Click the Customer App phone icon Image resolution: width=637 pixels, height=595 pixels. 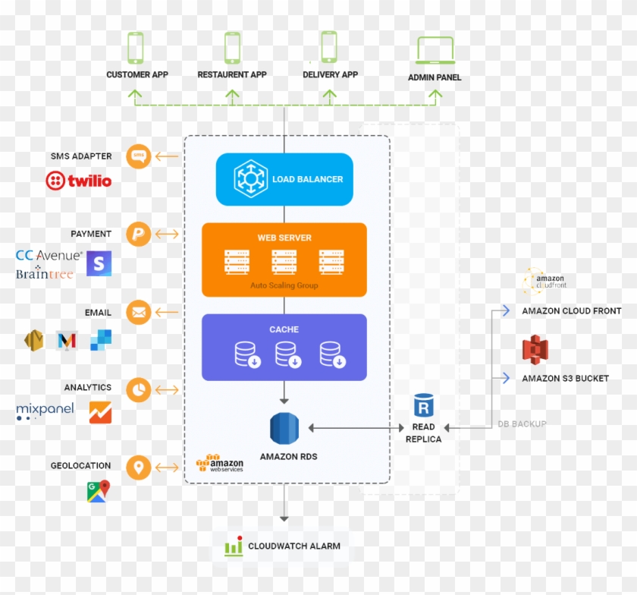pyautogui.click(x=136, y=48)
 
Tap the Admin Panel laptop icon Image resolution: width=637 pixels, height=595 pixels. pyautogui.click(x=435, y=50)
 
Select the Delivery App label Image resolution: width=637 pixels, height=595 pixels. pyautogui.click(x=330, y=75)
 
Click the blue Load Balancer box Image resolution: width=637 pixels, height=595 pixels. pyautogui.click(x=284, y=179)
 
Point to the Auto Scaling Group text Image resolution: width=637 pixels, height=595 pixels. pyautogui.click(x=284, y=285)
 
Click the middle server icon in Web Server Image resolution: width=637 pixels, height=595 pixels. pyautogui.click(x=284, y=263)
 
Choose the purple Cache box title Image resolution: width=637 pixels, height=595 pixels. pyautogui.click(x=284, y=329)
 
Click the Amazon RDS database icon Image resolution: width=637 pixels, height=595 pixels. pyautogui.click(x=285, y=429)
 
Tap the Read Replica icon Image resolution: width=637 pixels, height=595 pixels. pyautogui.click(x=423, y=405)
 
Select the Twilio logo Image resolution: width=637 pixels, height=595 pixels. pyautogui.click(x=78, y=181)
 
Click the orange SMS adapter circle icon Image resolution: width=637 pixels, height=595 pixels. pyautogui.click(x=139, y=156)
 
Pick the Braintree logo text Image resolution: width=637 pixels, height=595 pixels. pyautogui.click(x=45, y=274)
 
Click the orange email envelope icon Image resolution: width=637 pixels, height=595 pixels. pyautogui.click(x=139, y=312)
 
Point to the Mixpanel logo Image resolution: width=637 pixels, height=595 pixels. pyautogui.click(x=45, y=411)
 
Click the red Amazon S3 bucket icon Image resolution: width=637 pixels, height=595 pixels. pyautogui.click(x=535, y=349)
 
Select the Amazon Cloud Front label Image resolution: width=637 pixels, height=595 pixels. pyautogui.click(x=571, y=311)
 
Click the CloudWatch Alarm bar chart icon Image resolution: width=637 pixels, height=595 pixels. pyautogui.click(x=234, y=546)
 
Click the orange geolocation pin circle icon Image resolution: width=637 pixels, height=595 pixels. pyautogui.click(x=139, y=467)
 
